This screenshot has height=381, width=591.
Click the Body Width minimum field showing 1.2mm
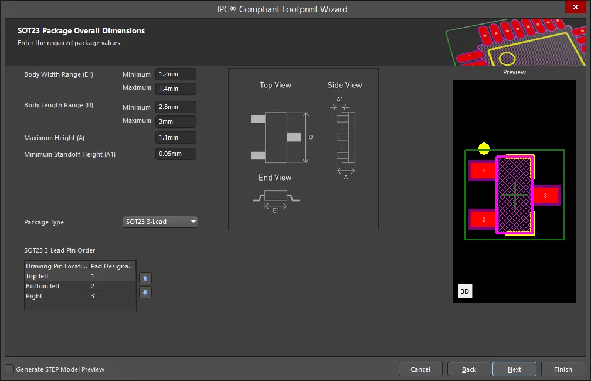[176, 74]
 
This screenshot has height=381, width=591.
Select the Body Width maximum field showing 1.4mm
[176, 89]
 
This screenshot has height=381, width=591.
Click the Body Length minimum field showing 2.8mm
[176, 107]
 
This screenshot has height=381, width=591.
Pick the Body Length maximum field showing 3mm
[176, 121]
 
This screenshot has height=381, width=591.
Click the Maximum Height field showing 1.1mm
[176, 138]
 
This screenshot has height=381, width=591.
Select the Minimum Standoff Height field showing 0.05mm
[176, 154]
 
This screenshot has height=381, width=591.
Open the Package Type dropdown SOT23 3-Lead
[160, 222]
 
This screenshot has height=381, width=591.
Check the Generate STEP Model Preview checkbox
[9, 369]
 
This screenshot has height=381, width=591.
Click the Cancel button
[420, 369]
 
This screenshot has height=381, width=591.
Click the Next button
[514, 369]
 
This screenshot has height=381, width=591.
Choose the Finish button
[563, 369]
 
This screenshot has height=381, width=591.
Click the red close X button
[576, 7]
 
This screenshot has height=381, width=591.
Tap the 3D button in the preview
[465, 291]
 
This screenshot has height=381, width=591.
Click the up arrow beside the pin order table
[145, 278]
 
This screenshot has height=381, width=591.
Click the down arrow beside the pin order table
[145, 292]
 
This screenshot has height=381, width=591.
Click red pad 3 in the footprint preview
[545, 195]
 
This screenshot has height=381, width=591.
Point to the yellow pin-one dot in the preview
[484, 148]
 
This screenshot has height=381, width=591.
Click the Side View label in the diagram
[345, 85]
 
